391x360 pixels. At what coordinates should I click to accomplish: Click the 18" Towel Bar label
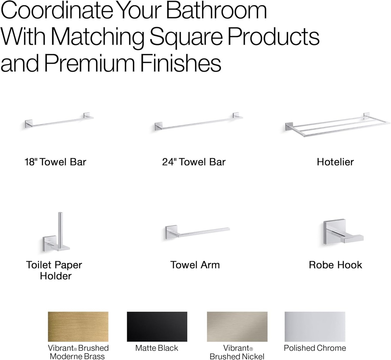point(55,162)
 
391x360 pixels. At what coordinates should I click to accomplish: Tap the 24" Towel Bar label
point(194,162)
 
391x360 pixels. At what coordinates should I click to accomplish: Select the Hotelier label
point(335,162)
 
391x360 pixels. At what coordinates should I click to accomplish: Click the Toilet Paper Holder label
point(54,270)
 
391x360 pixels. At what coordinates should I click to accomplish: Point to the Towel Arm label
point(195,265)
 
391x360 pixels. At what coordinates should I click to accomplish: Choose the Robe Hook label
point(335,265)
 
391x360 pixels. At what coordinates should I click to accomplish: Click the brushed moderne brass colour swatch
point(78,326)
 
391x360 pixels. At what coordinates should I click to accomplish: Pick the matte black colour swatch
point(157,326)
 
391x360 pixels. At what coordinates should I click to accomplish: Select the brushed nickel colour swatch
point(237,326)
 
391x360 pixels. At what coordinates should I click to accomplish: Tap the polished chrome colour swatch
point(315,326)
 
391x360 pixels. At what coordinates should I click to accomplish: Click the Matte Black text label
point(157,348)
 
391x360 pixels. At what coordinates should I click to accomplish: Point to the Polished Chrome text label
point(315,348)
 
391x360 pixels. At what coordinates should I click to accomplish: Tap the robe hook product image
point(340,233)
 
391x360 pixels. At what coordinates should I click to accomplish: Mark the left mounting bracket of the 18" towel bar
point(29,124)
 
